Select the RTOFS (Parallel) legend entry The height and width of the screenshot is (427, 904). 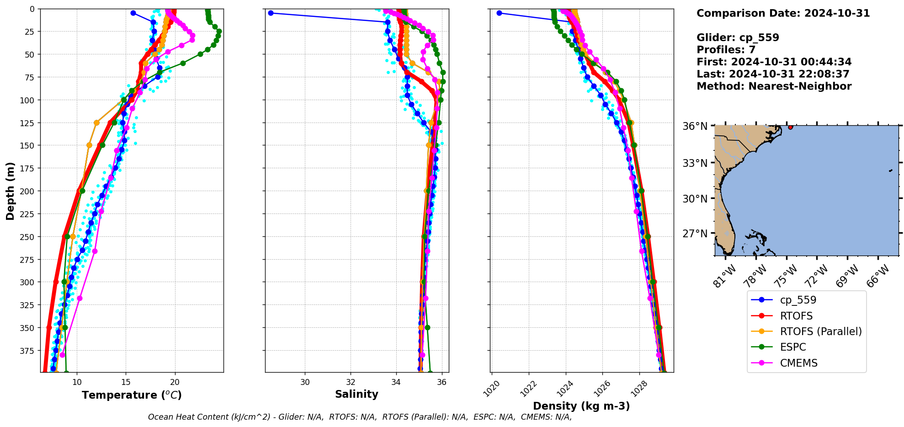[820, 331]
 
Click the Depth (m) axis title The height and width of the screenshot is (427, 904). [10, 191]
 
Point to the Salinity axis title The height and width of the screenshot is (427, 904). [356, 394]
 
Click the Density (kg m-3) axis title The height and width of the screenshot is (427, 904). [581, 406]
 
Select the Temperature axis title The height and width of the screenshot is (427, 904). [132, 395]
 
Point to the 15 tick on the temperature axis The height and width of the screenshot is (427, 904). [126, 382]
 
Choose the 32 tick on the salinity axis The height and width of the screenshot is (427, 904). [351, 382]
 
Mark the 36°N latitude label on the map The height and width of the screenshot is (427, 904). [695, 126]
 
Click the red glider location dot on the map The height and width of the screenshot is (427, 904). [791, 127]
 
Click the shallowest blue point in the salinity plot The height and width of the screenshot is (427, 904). [271, 13]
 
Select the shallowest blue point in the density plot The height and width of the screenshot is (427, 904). [499, 13]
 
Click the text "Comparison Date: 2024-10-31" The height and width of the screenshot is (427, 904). [783, 13]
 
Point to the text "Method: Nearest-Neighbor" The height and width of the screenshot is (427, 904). [774, 86]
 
